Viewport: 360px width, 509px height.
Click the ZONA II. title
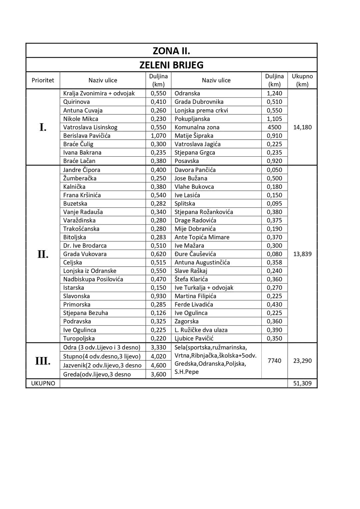click(171, 51)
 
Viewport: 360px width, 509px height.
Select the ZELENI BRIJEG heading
click(171, 65)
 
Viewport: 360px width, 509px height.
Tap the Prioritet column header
click(43, 80)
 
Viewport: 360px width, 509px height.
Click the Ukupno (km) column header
click(302, 80)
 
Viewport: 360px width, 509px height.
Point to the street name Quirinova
click(76, 102)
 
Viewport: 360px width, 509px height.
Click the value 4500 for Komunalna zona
click(274, 127)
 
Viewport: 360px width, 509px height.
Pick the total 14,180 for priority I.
click(302, 127)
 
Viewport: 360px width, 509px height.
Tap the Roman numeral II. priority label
click(43, 254)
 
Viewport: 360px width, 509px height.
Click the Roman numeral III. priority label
click(43, 361)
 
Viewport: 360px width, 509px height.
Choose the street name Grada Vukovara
click(85, 254)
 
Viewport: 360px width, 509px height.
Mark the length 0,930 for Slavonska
click(158, 296)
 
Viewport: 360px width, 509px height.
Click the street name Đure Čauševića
click(195, 254)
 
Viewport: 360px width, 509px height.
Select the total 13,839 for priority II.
click(302, 254)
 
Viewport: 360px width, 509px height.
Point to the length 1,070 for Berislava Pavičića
click(158, 136)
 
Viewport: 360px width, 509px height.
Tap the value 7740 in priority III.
click(274, 361)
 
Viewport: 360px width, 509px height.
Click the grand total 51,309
click(302, 383)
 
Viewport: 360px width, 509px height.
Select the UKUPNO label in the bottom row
click(43, 383)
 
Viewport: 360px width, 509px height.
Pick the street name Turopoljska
click(79, 338)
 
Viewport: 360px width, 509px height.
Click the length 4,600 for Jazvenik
click(158, 365)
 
